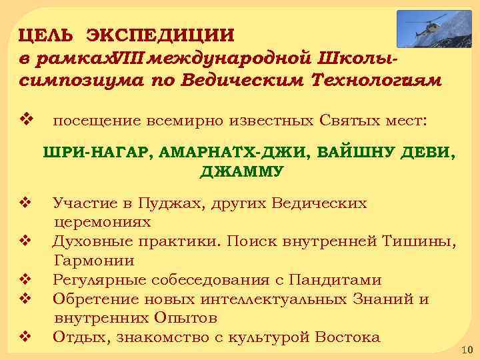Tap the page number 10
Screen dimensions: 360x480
(465, 350)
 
